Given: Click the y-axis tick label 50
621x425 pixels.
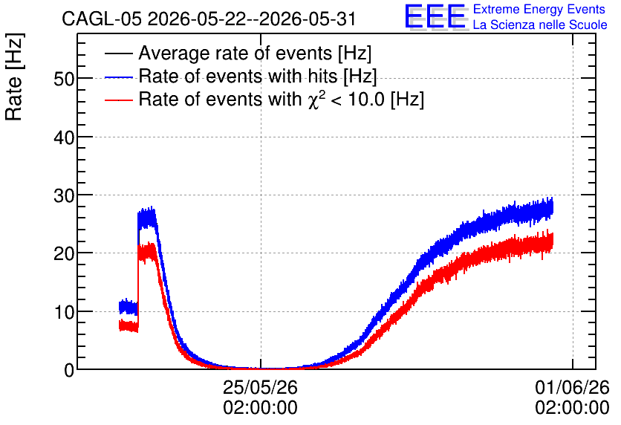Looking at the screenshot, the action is click(x=64, y=80).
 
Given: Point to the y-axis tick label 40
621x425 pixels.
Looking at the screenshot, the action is click(x=64, y=138).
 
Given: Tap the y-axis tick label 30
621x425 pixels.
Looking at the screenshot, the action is click(x=64, y=195).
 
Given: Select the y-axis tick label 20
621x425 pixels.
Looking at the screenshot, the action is click(x=64, y=254).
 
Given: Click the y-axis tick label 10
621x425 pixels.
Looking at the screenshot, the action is click(x=64, y=313).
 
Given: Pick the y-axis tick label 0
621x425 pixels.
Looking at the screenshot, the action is click(x=69, y=370).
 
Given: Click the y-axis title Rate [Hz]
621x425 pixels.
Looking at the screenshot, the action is click(x=14, y=77).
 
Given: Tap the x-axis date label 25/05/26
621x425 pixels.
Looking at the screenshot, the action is click(x=260, y=387).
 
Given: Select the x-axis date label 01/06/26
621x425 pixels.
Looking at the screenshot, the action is click(x=572, y=387).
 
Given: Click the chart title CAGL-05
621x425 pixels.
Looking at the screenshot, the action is click(x=101, y=19).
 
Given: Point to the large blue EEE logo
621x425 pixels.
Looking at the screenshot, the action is click(x=435, y=16).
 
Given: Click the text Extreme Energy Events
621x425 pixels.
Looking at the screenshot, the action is click(x=539, y=9).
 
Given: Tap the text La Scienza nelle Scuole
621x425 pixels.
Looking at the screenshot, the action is click(x=540, y=25).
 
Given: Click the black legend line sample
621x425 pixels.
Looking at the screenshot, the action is click(x=118, y=53).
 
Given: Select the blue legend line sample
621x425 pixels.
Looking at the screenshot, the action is click(x=118, y=77).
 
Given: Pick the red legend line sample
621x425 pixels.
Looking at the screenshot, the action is click(x=118, y=100).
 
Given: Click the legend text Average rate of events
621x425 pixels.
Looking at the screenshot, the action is click(x=235, y=53).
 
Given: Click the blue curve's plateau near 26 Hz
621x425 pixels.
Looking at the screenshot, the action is click(x=146, y=218).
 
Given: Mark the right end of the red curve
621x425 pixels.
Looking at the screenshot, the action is click(x=552, y=241).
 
